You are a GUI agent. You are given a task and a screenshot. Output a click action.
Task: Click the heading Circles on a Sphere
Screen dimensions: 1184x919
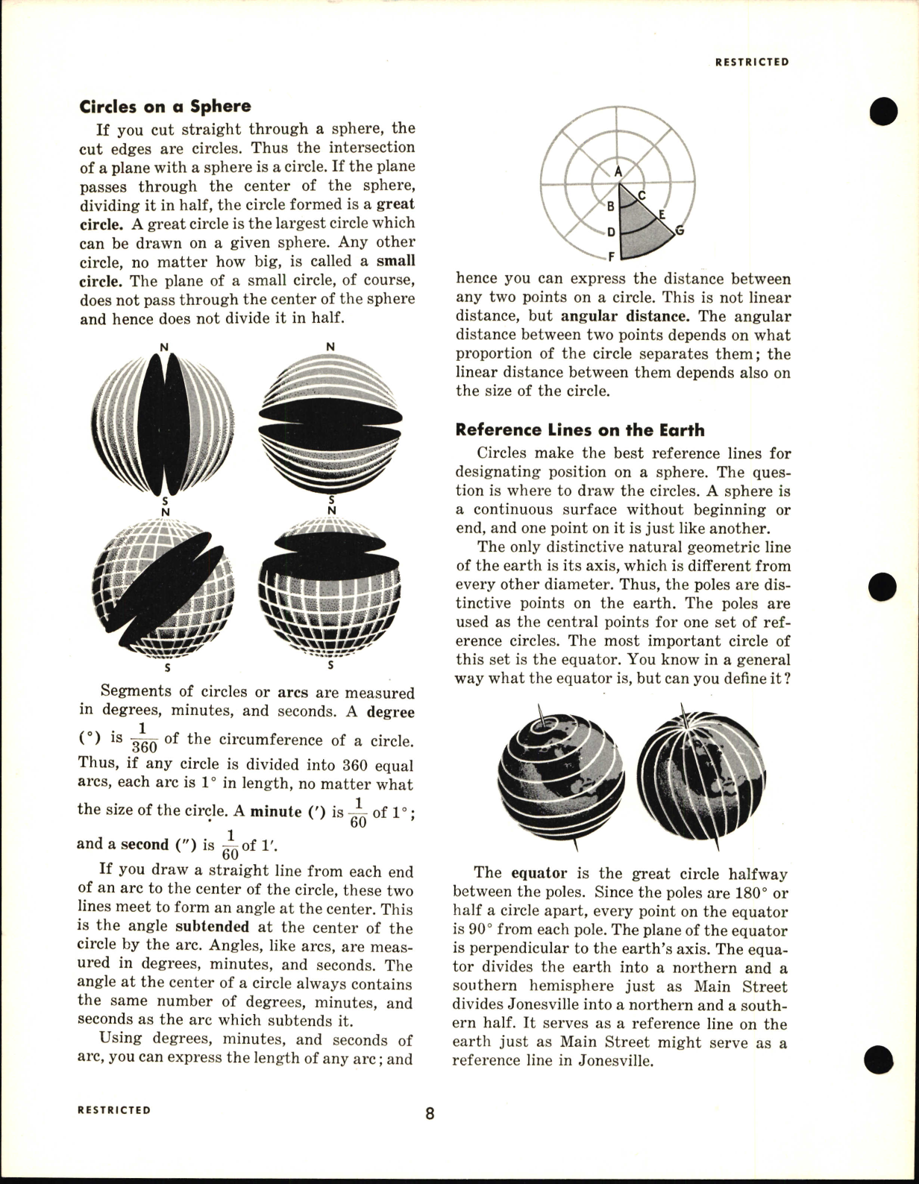pyautogui.click(x=165, y=106)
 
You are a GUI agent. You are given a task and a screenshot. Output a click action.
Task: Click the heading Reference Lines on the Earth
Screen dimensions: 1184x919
pyautogui.click(x=580, y=430)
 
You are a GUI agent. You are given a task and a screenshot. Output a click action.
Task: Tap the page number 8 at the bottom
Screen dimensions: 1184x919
pyautogui.click(x=430, y=1114)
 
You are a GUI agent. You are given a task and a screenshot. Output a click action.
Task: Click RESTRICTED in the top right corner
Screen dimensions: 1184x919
pyautogui.click(x=751, y=63)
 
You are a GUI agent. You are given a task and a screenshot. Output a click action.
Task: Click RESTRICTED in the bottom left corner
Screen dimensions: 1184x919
pyautogui.click(x=113, y=1110)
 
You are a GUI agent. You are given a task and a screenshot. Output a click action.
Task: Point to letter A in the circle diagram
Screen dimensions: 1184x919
pyautogui.click(x=618, y=171)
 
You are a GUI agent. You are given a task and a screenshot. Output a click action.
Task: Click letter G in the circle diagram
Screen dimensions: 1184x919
pyautogui.click(x=680, y=230)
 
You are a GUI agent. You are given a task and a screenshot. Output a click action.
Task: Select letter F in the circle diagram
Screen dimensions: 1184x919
pyautogui.click(x=611, y=258)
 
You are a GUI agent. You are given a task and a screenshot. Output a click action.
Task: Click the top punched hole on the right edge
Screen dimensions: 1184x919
pyautogui.click(x=882, y=111)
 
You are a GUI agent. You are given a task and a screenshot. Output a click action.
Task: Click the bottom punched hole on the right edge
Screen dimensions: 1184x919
pyautogui.click(x=882, y=1057)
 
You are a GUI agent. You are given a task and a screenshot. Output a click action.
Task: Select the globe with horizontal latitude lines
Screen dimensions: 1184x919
pyautogui.click(x=560, y=775)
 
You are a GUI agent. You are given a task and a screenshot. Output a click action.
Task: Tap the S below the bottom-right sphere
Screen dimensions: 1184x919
pyautogui.click(x=330, y=665)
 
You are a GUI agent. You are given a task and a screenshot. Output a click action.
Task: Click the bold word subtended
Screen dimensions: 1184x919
pyautogui.click(x=212, y=928)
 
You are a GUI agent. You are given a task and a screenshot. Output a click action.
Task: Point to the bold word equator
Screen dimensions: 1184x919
pyautogui.click(x=539, y=873)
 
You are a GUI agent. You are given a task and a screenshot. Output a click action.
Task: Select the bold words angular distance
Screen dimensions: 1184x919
pyautogui.click(x=623, y=316)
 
